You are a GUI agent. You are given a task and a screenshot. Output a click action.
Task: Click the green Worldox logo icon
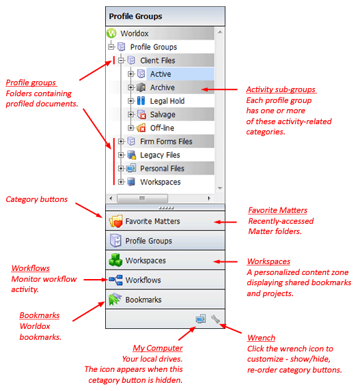pos(111,33)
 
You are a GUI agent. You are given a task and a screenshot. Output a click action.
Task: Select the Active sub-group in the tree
pos(161,74)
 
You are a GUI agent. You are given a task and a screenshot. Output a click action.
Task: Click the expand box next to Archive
pos(130,87)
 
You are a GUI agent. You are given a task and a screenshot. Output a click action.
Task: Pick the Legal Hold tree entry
pos(167,101)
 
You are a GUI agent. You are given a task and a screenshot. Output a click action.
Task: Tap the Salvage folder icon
pos(141,115)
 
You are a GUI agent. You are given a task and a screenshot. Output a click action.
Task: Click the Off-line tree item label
pos(162,128)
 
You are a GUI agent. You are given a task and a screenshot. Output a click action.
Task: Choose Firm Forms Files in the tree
pos(166,142)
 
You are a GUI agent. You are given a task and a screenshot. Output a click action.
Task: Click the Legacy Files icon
pos(132,155)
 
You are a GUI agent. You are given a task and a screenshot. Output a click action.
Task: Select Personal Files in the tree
pos(162,169)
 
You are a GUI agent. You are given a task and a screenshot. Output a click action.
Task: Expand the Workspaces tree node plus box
pos(121,182)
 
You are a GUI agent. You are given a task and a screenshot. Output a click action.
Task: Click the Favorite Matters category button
pos(165,221)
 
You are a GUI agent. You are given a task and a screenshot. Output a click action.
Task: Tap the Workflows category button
pos(165,280)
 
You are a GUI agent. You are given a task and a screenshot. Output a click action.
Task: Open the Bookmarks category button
pos(165,300)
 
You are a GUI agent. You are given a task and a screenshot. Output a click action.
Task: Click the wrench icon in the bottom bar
pos(215,319)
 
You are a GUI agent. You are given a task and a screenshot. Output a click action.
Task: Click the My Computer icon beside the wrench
pos(201,319)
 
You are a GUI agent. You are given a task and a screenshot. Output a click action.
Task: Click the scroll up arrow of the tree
pos(220,32)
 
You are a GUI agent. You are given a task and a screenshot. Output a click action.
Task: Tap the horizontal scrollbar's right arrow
pos(209,199)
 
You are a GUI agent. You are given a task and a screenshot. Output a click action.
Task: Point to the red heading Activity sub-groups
pos(281,89)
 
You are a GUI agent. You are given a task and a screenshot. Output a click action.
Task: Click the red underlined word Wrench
pos(261,338)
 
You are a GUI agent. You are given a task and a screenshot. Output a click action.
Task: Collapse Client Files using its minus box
pos(121,60)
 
